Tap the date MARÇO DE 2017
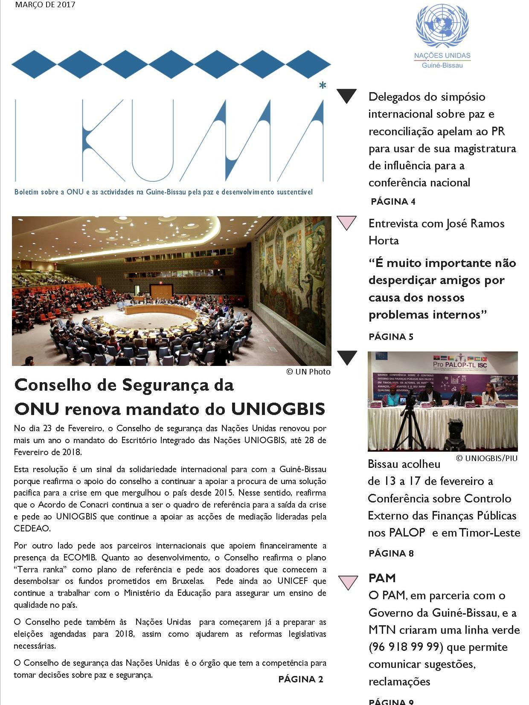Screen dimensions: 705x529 45,5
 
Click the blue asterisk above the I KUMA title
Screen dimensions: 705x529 323,86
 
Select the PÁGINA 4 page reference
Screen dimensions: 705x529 393,201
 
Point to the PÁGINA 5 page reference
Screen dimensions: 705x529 391,337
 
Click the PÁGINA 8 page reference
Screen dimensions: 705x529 391,553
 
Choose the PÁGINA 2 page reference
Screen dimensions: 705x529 301,679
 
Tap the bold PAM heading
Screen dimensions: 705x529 382,578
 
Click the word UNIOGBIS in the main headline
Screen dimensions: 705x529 278,409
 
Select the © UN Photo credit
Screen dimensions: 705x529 308,371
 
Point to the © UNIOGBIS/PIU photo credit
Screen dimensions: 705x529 487,458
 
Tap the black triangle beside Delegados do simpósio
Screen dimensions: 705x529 346,96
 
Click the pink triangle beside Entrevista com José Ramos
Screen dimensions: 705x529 346,223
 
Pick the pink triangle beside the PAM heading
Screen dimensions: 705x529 348,582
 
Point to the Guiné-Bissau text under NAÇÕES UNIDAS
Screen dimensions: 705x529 442,65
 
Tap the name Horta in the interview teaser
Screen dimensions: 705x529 384,241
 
